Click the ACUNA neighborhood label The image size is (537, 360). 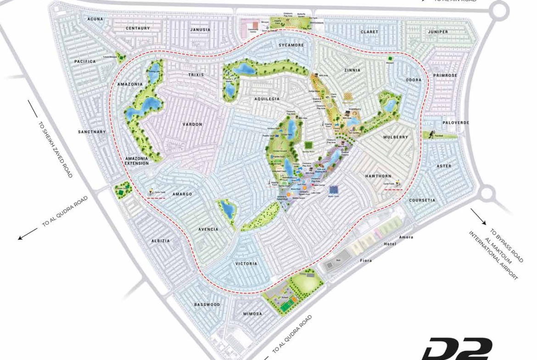95,19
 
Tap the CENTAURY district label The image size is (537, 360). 138,28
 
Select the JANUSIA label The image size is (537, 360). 201,30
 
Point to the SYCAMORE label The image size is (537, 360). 291,45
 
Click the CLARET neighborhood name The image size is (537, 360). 369,32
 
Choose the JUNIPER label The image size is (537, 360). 438,32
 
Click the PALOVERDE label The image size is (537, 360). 456,123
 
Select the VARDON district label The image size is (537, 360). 192,124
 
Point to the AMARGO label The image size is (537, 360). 182,194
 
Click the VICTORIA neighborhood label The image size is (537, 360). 246,264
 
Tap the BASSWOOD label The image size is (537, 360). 207,305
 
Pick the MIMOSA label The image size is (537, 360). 252,314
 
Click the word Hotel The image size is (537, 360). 390,244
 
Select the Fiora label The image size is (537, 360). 366,260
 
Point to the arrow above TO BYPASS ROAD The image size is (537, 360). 478,216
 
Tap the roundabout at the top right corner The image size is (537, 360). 499,10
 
